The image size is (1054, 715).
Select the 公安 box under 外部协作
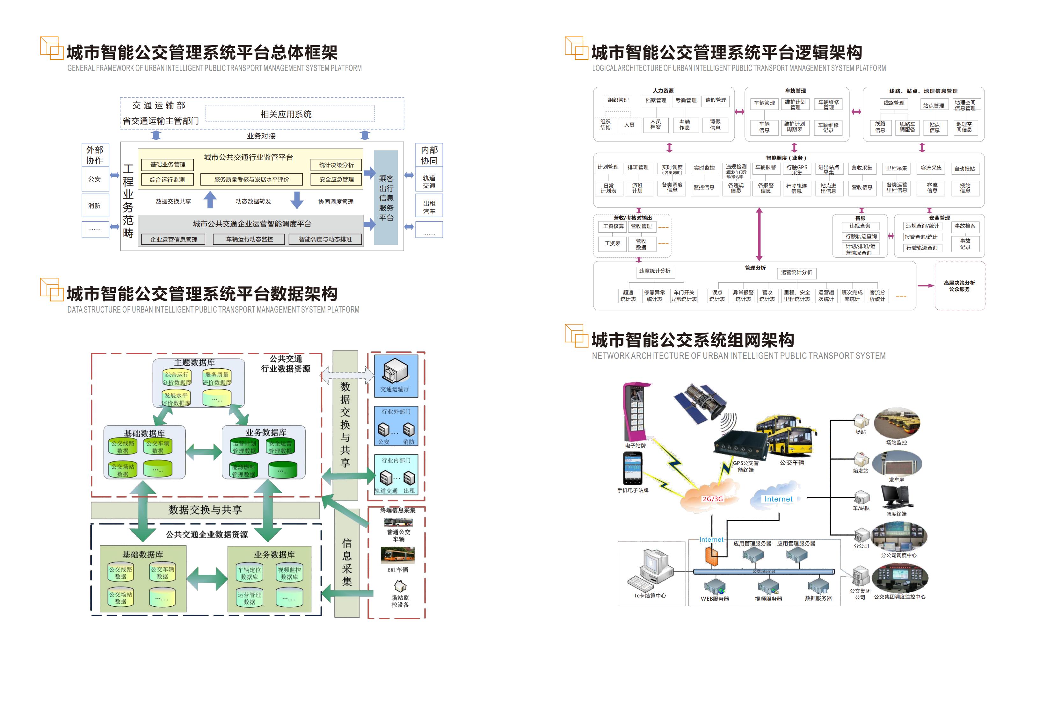[95, 179]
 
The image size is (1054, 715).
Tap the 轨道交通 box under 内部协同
[429, 181]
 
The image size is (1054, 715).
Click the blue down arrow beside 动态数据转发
[297, 200]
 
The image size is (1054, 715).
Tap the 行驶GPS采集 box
[796, 170]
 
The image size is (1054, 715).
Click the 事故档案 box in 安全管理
[965, 226]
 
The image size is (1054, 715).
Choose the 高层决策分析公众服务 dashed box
[959, 285]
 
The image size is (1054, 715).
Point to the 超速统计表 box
[628, 296]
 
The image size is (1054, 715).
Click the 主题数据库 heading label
[194, 362]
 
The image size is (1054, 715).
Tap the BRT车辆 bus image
[397, 555]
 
